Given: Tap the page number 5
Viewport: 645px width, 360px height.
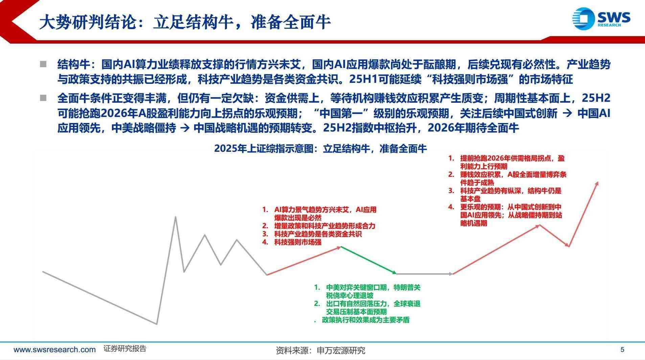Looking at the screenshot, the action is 622,350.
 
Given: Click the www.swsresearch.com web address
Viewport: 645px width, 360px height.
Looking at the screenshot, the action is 54,350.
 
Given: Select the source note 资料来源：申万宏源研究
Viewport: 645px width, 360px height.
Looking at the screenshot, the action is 320,351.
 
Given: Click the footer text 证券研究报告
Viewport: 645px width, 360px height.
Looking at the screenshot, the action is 125,349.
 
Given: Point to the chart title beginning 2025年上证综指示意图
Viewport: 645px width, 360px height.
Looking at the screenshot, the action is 320,149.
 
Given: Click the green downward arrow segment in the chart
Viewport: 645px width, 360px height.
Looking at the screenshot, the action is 368,260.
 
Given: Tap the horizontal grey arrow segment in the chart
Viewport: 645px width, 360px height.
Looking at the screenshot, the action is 424,274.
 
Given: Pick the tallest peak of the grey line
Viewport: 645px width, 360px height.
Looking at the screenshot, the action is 176,217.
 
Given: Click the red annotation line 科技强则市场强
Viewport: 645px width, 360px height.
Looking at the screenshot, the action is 298,242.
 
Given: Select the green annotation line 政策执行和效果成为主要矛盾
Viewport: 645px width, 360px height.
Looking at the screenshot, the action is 365,320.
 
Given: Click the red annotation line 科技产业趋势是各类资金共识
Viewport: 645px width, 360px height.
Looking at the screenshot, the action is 318,234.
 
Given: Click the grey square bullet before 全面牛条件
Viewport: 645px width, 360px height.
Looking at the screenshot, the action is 43,98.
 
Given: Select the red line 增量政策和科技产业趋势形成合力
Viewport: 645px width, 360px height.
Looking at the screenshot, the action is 324,226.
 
